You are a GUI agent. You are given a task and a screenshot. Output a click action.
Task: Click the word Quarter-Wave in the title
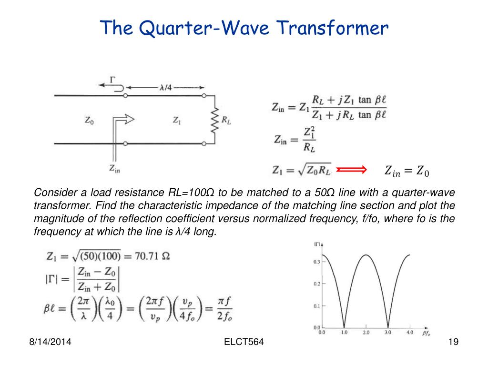(x=204, y=28)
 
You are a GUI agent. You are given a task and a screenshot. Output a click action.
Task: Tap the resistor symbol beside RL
(x=214, y=121)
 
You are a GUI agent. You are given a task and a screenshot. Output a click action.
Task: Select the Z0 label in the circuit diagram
(x=89, y=120)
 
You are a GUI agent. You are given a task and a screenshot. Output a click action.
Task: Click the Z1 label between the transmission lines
(x=177, y=120)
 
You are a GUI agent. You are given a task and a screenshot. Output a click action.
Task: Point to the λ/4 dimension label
(x=165, y=88)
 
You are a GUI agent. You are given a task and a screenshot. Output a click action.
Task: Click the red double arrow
(x=351, y=170)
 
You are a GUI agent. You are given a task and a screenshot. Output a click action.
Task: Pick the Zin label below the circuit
(x=114, y=169)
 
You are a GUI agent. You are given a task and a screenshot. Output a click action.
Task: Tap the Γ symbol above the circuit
(x=112, y=80)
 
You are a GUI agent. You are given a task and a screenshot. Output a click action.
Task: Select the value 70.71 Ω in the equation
(x=152, y=256)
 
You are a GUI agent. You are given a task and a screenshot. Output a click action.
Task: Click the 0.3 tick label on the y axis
(x=316, y=262)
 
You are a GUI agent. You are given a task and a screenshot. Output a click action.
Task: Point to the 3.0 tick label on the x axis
(x=388, y=332)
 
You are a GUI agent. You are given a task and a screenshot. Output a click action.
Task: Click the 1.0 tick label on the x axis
(x=344, y=332)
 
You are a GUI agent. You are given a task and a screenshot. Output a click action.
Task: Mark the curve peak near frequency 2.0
(x=366, y=255)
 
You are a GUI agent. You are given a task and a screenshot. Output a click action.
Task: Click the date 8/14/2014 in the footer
(x=50, y=342)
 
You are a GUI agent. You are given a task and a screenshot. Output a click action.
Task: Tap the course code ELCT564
(x=244, y=342)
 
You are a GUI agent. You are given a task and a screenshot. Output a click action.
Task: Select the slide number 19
(x=454, y=342)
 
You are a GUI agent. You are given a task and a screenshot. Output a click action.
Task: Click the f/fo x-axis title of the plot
(x=426, y=333)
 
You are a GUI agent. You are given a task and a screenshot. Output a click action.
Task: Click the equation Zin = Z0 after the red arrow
(x=407, y=171)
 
